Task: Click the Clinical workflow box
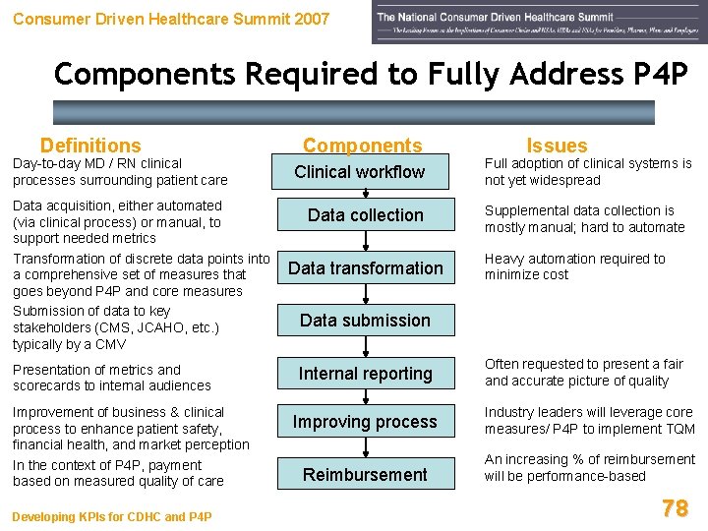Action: pos(360,172)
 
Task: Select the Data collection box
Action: pos(365,215)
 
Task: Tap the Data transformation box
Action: pos(365,267)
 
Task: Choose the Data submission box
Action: pos(365,320)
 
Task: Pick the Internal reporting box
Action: pos(365,374)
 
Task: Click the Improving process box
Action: pos(365,422)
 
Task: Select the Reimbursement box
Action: pos(365,474)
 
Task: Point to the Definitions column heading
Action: pos(90,146)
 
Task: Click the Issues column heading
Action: pos(557,146)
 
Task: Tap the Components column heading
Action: pos(362,146)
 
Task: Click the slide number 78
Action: pos(675,507)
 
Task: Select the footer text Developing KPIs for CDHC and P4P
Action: pos(112,517)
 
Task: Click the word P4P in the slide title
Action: pos(655,74)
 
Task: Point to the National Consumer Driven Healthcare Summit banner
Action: pos(539,23)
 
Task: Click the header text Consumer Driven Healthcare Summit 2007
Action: pos(171,19)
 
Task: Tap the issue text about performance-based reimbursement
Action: pos(589,468)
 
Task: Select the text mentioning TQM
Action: pos(589,421)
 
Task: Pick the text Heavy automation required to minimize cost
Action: pos(574,266)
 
